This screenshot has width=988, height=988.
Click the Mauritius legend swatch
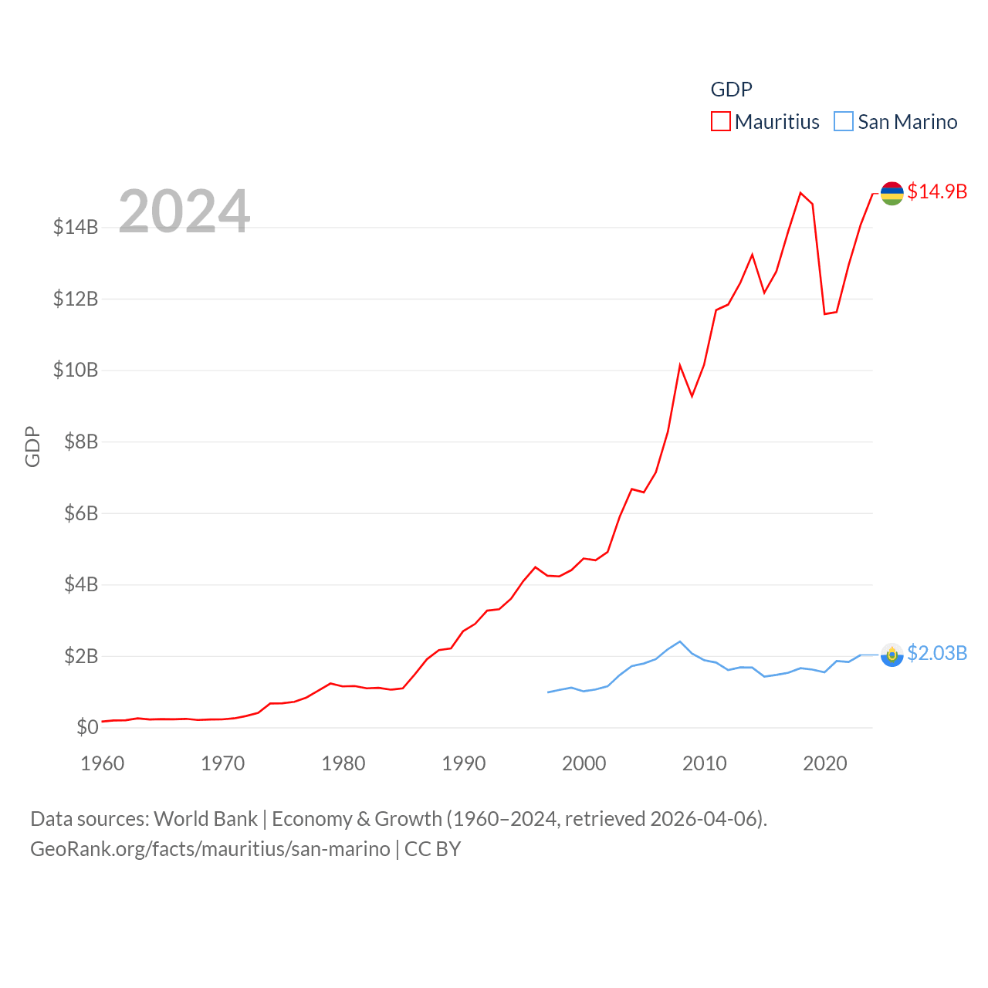point(720,122)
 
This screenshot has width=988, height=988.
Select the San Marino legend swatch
point(844,122)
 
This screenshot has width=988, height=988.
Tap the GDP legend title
point(731,90)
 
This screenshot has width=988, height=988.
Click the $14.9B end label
point(937,191)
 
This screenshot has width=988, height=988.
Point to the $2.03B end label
point(937,653)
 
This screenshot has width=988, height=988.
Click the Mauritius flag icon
point(892,194)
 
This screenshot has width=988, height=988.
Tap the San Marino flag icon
point(892,655)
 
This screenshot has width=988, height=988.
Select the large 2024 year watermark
point(184,211)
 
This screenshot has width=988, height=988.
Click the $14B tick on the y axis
point(76,227)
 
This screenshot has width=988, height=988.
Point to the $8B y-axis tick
point(81,442)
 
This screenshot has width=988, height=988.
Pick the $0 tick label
point(87,727)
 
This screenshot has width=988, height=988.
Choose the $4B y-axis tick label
point(81,584)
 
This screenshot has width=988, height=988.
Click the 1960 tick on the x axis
point(103,763)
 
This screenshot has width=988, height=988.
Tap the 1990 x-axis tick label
point(464,763)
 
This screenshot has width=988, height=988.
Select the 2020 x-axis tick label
point(825,763)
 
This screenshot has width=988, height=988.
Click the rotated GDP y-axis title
point(32,446)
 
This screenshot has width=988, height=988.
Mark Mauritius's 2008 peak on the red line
point(680,365)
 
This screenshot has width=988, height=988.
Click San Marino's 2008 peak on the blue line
point(680,641)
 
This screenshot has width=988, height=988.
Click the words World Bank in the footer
point(205,818)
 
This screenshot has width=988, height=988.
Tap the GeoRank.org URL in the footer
point(210,849)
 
